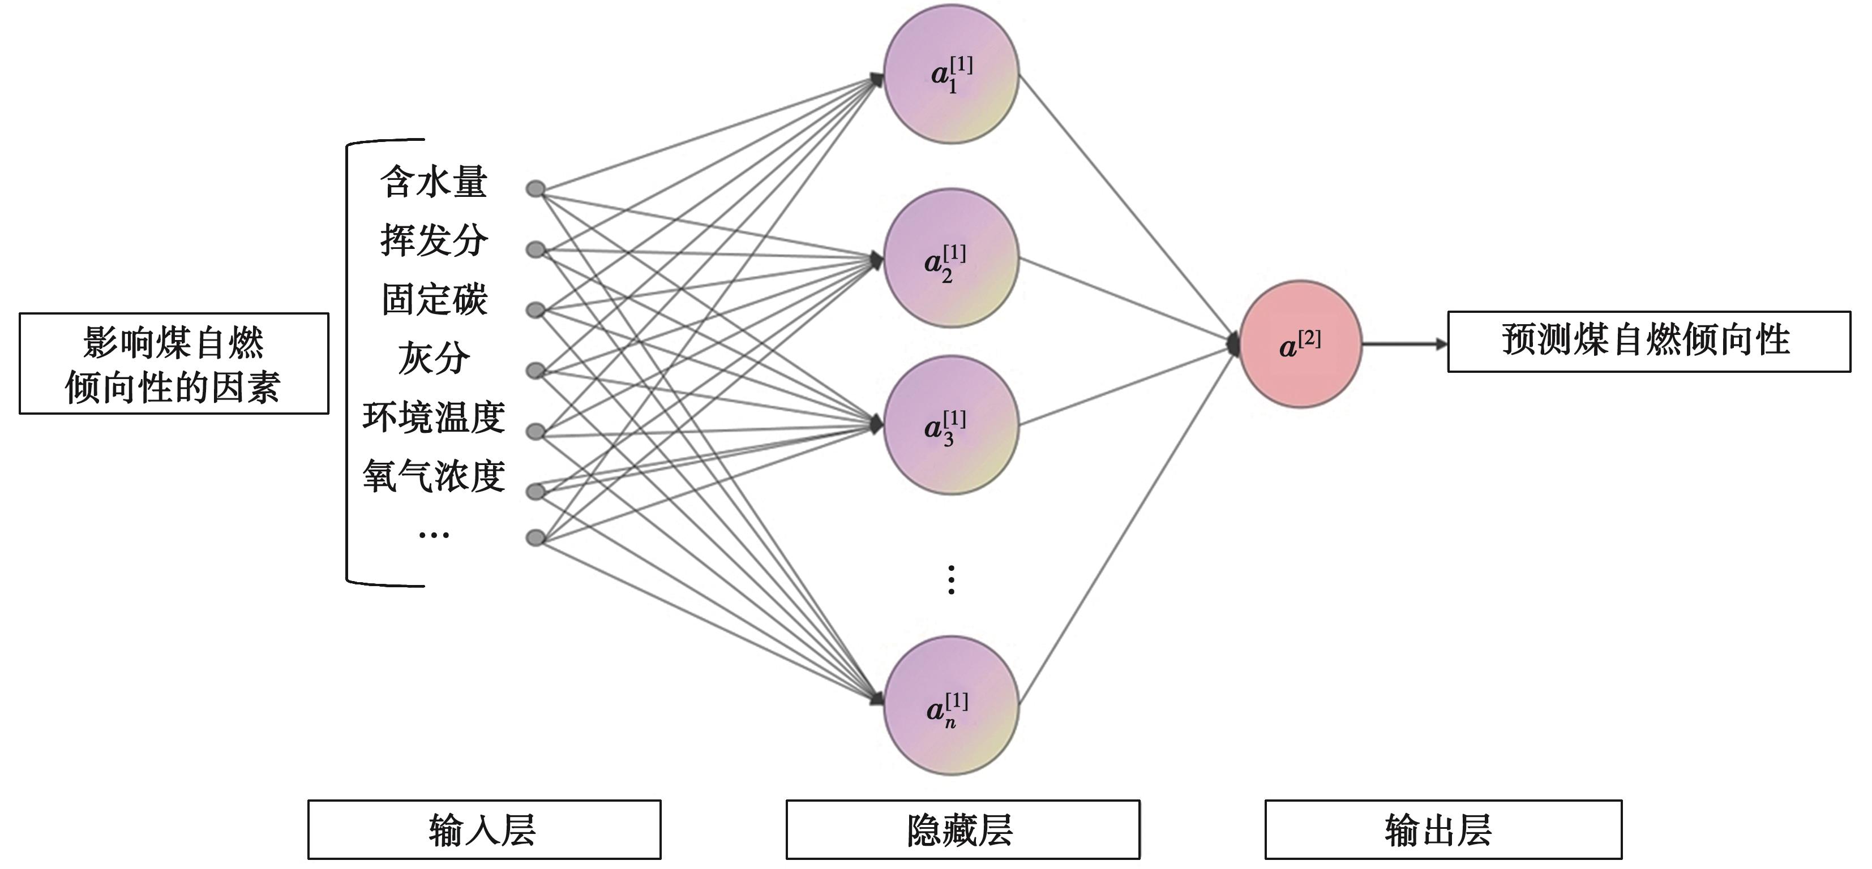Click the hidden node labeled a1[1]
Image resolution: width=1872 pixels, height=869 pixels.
950,75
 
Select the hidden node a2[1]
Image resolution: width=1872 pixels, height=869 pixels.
950,258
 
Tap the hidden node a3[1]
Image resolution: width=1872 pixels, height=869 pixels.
950,425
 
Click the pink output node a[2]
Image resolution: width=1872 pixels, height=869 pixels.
1300,345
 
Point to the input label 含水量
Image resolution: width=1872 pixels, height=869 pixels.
434,182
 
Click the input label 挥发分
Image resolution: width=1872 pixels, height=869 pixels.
434,240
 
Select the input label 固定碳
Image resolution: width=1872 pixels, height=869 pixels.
434,299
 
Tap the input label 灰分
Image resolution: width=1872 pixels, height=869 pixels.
434,358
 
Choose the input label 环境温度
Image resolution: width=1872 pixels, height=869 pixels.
434,417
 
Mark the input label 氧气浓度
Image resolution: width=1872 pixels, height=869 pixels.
434,476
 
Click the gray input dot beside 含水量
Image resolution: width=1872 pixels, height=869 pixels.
536,190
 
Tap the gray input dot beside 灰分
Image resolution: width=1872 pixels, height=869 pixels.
536,371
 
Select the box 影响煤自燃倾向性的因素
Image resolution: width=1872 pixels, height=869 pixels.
174,363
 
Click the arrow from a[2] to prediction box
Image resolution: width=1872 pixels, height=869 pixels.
1404,345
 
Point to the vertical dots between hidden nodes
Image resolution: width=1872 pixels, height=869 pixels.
951,580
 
